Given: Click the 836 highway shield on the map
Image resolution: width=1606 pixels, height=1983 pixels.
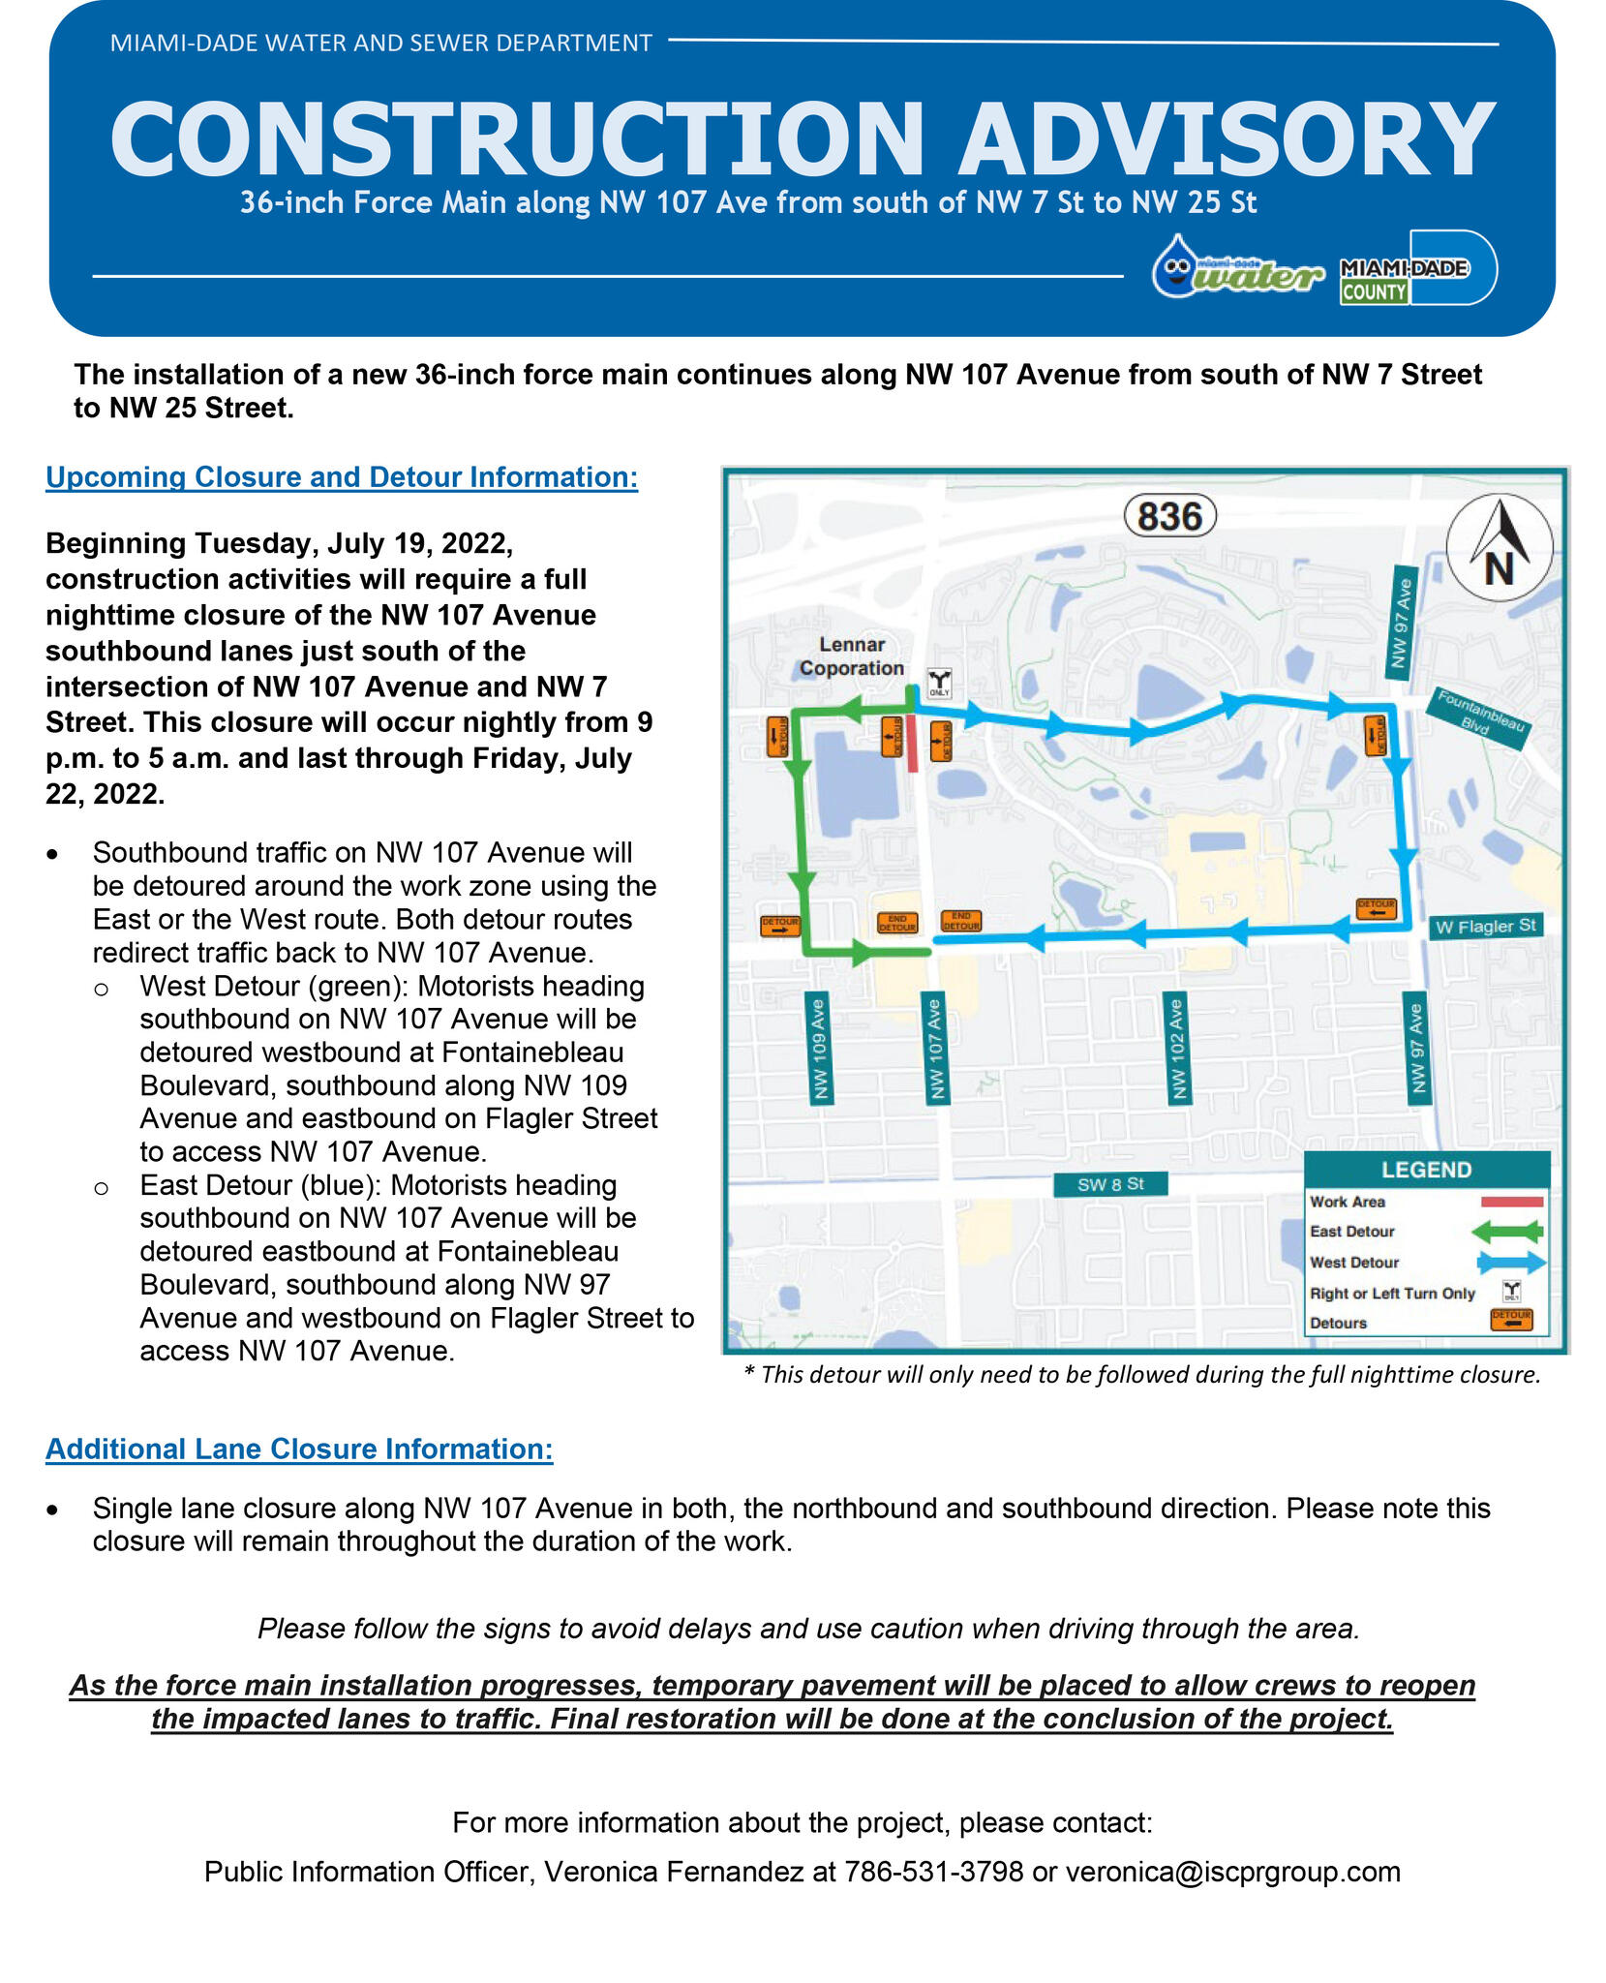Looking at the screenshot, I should tap(1168, 516).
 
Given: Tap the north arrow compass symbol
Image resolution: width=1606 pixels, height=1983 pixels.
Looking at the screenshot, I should tap(1499, 547).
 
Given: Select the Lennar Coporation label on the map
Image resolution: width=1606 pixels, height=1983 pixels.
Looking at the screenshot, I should tap(852, 656).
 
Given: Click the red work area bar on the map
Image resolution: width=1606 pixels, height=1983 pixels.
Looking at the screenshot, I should tap(913, 744).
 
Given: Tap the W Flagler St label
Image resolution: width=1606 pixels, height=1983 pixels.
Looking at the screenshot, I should tap(1485, 926).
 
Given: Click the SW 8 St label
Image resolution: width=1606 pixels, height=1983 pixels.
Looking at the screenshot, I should tap(1109, 1183).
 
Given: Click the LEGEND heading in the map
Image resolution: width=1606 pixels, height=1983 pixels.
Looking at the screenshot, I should tap(1426, 1170).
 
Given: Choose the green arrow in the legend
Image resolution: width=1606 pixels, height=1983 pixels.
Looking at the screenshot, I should tap(1505, 1232).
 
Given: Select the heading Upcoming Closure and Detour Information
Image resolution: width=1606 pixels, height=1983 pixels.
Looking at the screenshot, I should tap(342, 477).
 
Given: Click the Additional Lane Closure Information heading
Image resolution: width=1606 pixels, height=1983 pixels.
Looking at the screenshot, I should tap(299, 1449).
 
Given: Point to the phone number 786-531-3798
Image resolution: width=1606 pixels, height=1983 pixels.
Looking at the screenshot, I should tap(933, 1872).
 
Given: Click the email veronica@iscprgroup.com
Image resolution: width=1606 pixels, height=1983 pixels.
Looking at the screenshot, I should tap(1232, 1872).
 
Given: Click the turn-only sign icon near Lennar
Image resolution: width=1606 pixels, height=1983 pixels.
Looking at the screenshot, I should tap(939, 683).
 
